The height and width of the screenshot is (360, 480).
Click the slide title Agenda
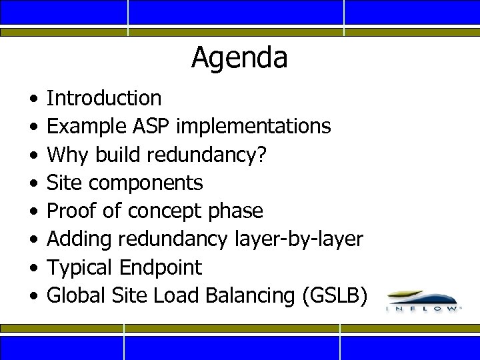coord(239,58)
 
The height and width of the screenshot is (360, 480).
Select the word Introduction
coord(104,98)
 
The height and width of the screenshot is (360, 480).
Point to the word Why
coord(69,154)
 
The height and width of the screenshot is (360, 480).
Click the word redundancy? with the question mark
coord(206,154)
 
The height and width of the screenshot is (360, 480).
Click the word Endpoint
coord(160,267)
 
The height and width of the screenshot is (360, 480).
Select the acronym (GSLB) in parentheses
coord(334,295)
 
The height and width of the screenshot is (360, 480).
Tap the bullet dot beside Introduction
coord(33,99)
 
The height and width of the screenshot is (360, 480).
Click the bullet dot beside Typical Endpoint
coord(33,267)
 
